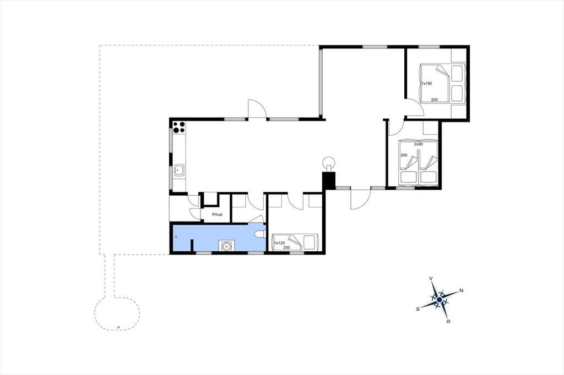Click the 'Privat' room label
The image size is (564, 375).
(x=217, y=214)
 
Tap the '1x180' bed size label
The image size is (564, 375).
(x=427, y=84)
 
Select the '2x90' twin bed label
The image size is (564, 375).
(x=418, y=144)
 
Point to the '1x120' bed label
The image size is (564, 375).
(x=279, y=243)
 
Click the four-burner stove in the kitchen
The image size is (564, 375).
(x=179, y=127)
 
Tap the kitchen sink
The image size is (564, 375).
(x=179, y=170)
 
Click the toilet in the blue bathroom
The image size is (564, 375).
(x=260, y=234)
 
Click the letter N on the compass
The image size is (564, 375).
(x=461, y=290)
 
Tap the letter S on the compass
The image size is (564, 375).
(x=417, y=308)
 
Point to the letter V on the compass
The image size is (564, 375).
(x=431, y=278)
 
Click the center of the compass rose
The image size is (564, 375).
(x=440, y=299)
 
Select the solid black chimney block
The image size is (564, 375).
(x=328, y=180)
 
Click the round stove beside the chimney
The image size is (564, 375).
(x=329, y=163)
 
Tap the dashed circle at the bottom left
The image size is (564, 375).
(x=117, y=313)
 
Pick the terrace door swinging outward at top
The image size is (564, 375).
(x=257, y=108)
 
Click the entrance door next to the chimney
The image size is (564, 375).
(x=360, y=199)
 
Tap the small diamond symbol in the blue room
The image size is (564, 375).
(x=176, y=236)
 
